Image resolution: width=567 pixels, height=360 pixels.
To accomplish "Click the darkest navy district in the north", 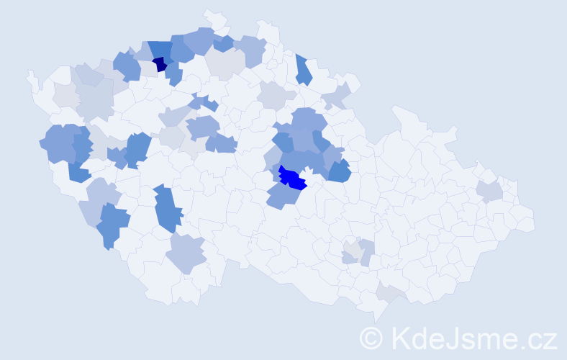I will (x=160, y=64).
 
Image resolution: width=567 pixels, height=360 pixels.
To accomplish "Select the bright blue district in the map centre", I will (x=292, y=178).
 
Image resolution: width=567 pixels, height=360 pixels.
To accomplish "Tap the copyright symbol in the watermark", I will (x=372, y=338).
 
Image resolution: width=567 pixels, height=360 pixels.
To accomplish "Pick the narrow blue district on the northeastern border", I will (x=303, y=70).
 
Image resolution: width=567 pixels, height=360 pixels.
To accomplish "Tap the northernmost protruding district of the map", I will (x=213, y=16).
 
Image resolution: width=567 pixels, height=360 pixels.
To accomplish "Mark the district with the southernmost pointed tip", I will (x=376, y=314).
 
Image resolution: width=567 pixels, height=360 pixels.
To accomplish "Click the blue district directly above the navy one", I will (x=160, y=49).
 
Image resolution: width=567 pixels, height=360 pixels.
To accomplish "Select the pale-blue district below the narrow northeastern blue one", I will (x=336, y=95).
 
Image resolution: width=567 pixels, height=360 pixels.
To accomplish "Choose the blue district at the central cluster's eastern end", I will (x=339, y=171).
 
